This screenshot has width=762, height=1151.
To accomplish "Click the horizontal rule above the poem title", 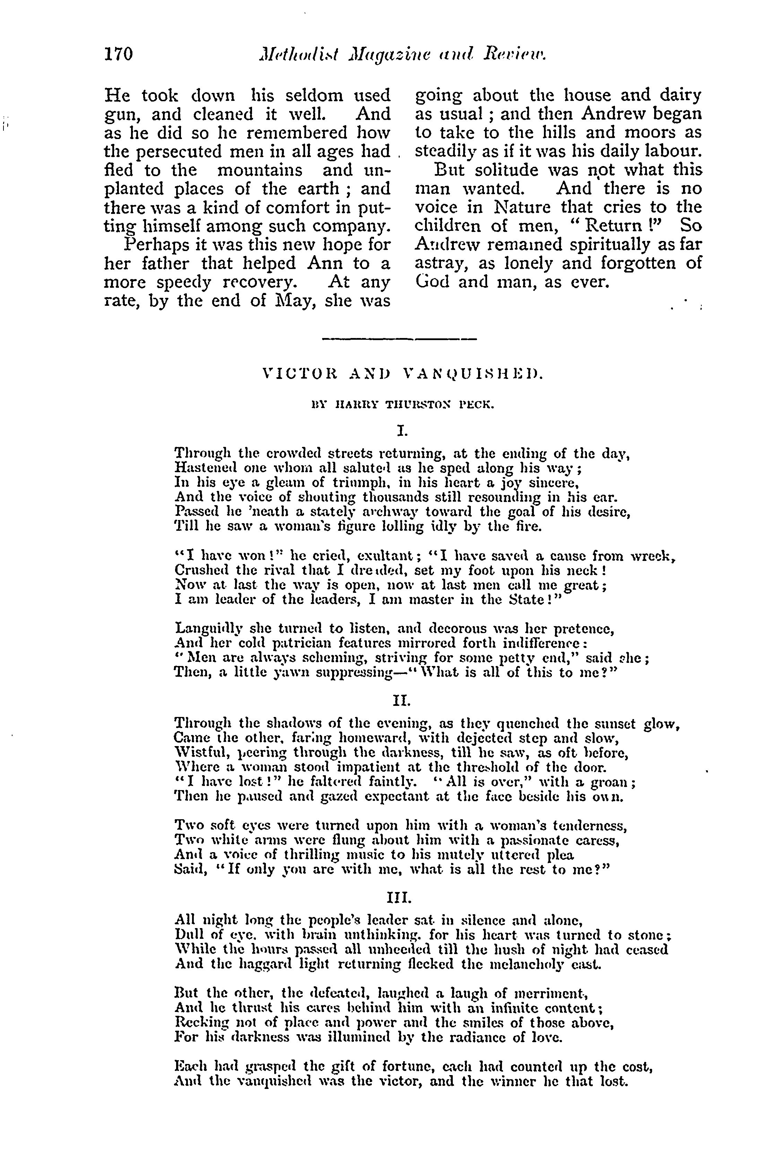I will (x=399, y=339).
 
